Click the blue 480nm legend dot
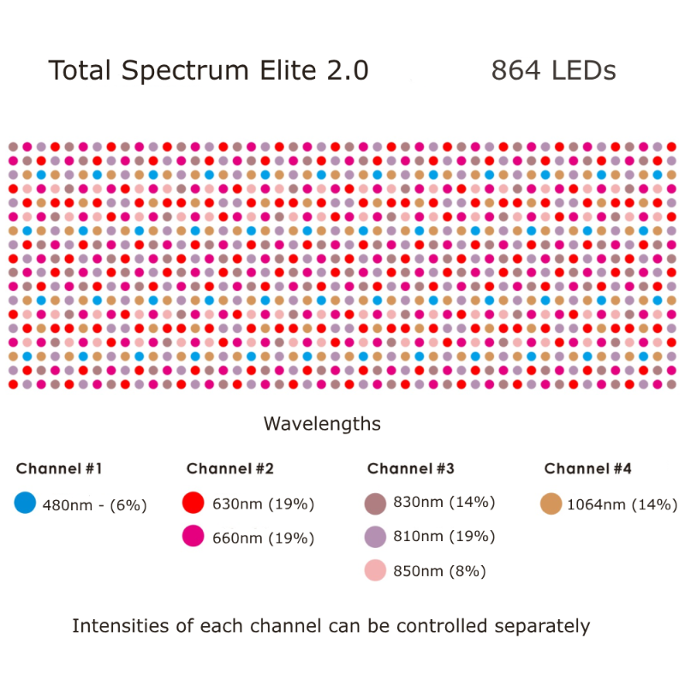click(26, 503)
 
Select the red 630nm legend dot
click(194, 503)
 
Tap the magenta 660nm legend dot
click(194, 537)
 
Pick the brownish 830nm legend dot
click(376, 503)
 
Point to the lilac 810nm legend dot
click(376, 537)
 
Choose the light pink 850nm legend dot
click(376, 570)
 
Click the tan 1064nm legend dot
click(551, 504)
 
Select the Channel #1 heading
click(59, 468)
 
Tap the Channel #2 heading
click(229, 468)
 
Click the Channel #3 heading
click(410, 468)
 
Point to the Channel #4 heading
click(587, 468)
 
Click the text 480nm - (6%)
click(94, 505)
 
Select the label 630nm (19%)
click(263, 503)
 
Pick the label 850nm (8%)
click(439, 571)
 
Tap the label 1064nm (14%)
click(622, 504)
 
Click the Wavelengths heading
click(322, 424)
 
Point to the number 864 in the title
click(515, 71)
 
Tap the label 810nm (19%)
click(444, 537)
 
